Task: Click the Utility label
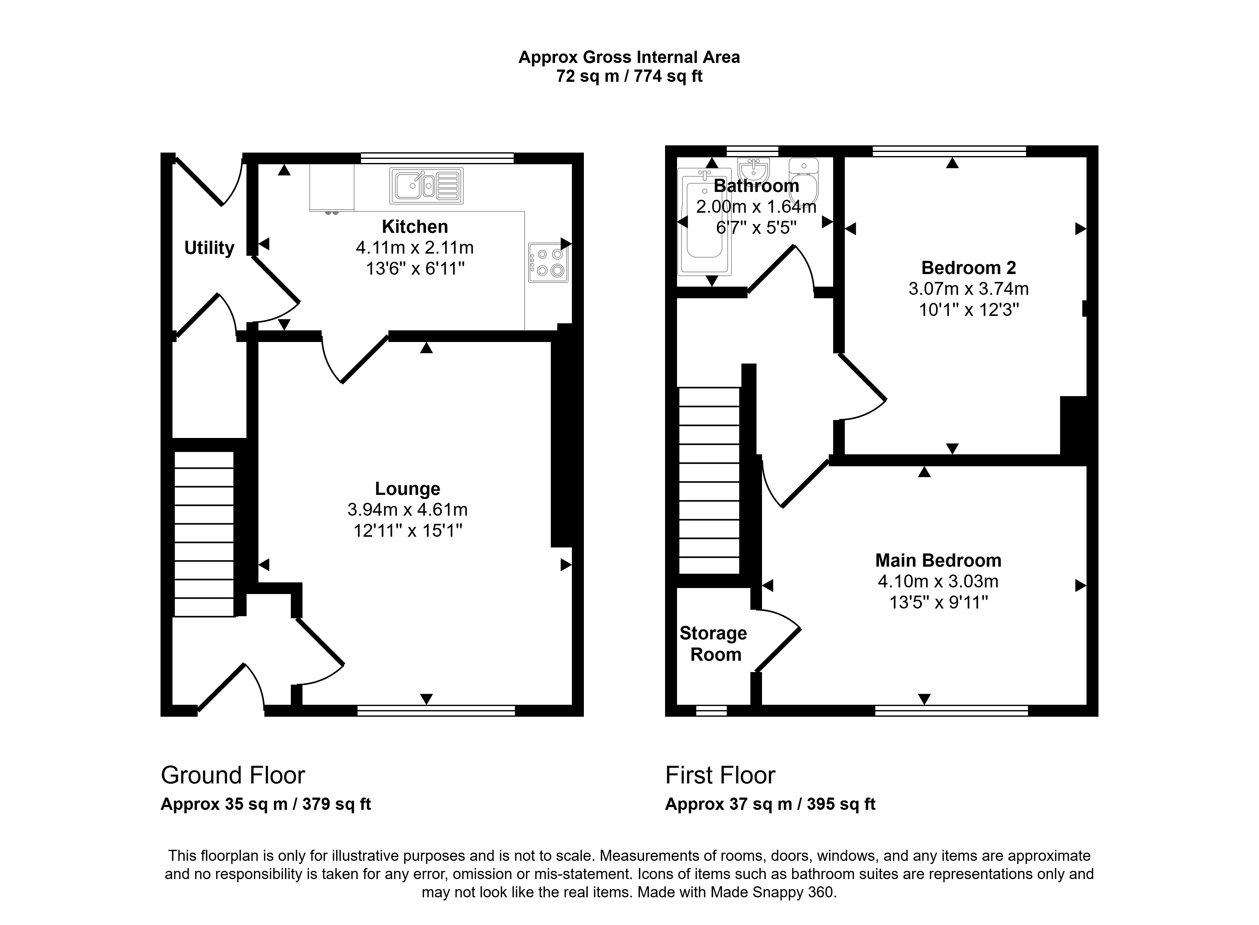tap(209, 248)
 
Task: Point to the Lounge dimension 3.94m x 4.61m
tap(408, 509)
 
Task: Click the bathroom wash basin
tap(754, 167)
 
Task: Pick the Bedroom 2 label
tap(969, 268)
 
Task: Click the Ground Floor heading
tap(233, 776)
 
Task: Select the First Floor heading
tap(720, 776)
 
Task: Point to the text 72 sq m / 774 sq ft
tap(629, 76)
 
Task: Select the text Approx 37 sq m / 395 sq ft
tap(770, 804)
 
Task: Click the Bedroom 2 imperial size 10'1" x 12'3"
tap(969, 310)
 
